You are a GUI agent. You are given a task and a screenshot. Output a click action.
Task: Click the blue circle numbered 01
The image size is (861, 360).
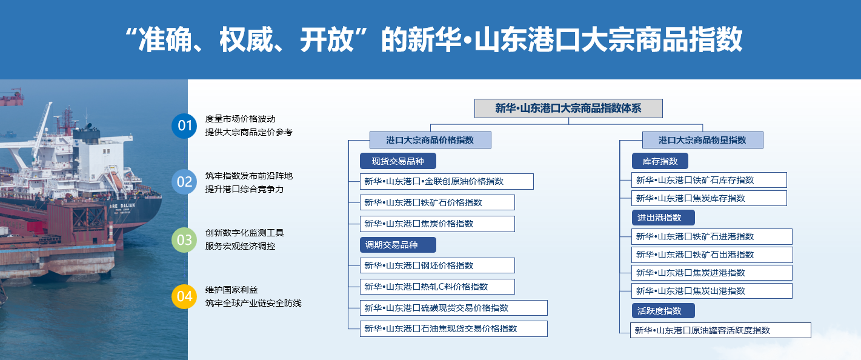point(184,125)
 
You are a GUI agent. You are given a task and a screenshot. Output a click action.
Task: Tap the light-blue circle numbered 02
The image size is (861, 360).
point(184,182)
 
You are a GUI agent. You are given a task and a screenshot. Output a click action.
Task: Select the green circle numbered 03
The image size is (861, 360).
point(184,240)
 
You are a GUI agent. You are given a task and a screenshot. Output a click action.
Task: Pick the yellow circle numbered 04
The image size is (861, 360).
point(184,296)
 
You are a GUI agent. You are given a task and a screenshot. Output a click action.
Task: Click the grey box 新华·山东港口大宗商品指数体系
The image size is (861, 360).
point(568,108)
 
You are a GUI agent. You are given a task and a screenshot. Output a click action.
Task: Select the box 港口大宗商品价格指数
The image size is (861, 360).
point(430,140)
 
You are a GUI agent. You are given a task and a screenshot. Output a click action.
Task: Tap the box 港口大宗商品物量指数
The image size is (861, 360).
point(702,140)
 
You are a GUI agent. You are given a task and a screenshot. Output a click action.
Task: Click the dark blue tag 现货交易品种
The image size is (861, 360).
point(398,161)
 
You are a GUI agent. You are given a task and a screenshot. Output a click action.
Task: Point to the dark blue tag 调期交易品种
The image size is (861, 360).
point(398,245)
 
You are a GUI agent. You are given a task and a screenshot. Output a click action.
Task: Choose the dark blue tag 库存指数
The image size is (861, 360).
point(660,161)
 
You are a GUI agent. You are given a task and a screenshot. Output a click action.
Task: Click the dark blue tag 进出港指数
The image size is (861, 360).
point(663,218)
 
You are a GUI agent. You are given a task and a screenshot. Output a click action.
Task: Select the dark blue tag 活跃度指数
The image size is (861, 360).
point(663,311)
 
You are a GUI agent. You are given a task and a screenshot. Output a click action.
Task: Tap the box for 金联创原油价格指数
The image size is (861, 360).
point(447,181)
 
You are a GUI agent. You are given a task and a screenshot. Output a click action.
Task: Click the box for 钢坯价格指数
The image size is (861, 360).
point(437,265)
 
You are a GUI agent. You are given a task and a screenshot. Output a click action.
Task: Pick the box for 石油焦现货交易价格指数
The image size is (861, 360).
point(453,328)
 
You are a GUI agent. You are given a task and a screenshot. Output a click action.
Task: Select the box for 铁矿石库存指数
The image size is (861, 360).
point(709,180)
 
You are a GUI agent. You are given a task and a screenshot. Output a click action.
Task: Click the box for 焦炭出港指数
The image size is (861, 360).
point(711,291)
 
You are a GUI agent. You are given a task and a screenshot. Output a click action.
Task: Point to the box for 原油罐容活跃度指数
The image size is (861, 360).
point(720,330)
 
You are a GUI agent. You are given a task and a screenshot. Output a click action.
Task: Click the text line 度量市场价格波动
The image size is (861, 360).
point(241,119)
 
